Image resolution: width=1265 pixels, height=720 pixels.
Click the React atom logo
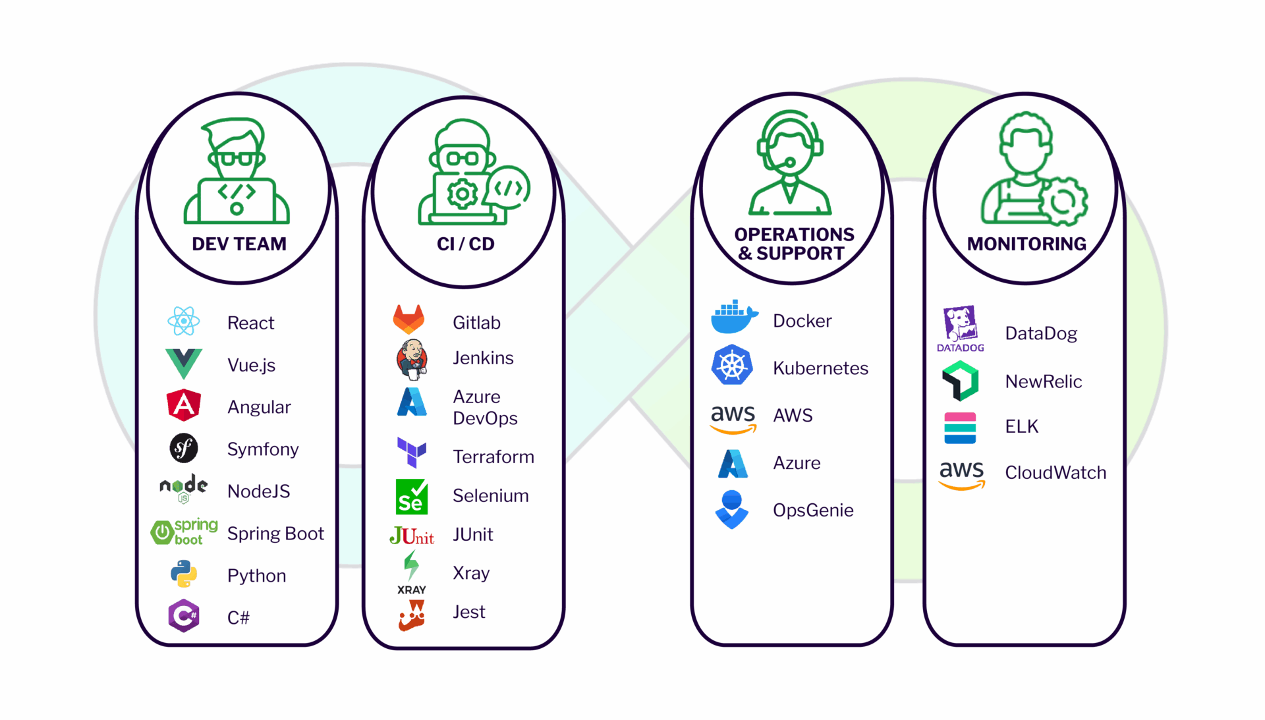tap(183, 321)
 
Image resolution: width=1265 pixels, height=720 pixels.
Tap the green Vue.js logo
tap(183, 363)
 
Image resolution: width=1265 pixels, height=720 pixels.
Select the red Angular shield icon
tap(184, 405)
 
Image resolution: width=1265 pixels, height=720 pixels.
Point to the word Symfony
tap(263, 449)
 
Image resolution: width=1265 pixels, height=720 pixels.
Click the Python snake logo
tap(184, 574)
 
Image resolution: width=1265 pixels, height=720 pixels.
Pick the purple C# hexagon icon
tap(184, 616)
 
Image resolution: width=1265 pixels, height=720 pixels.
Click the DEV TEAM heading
tap(239, 244)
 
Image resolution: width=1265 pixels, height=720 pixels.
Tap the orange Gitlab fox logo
tap(408, 319)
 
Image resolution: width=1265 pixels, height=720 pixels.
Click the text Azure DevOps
tap(485, 407)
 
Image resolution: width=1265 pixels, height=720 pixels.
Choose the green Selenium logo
tap(412, 497)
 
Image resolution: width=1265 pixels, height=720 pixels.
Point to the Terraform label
tap(493, 457)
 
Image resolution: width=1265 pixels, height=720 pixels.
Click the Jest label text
tap(468, 612)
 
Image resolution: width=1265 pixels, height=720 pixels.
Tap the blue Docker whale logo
tap(733, 318)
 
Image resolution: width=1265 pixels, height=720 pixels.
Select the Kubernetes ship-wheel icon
tap(732, 366)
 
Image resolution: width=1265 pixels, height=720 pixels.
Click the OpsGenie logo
tap(731, 509)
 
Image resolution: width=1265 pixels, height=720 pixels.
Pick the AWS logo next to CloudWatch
tap(961, 474)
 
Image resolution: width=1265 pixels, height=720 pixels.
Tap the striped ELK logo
tap(960, 428)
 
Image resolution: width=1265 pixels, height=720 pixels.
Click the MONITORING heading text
tap(1026, 244)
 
